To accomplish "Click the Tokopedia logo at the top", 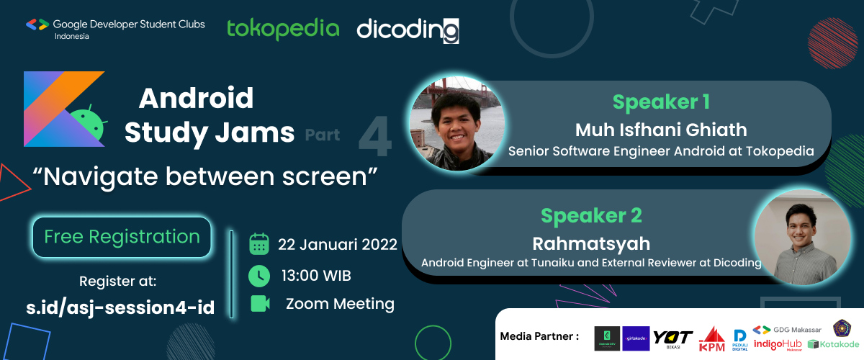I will coord(283,29).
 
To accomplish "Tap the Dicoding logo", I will coord(408,30).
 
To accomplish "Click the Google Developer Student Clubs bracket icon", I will coord(37,24).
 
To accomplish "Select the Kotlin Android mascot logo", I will coord(65,109).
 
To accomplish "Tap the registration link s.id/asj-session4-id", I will coord(120,307).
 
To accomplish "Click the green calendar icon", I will coord(259,244).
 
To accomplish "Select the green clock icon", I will coord(259,275).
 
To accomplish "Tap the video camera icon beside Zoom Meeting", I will coord(260,303).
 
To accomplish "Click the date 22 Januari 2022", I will coord(338,244).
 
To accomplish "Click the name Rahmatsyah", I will coord(591,243).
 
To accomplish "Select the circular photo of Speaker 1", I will coord(457,123).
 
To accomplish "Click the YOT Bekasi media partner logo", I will coord(673,338).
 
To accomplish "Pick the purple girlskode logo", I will coord(636,338).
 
